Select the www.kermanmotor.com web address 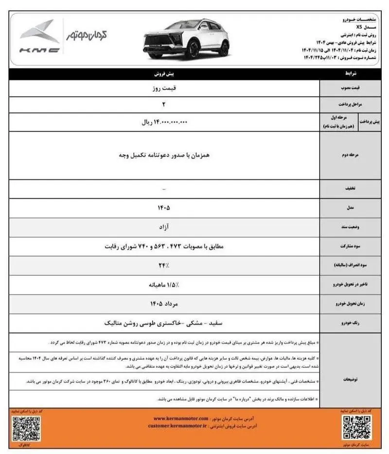tap(181, 418)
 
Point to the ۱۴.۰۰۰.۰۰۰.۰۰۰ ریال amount tap(164, 123)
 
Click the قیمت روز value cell tap(164, 89)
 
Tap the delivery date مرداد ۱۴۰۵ tap(164, 304)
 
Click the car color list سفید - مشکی tap(164, 323)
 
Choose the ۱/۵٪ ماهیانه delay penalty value tap(164, 285)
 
